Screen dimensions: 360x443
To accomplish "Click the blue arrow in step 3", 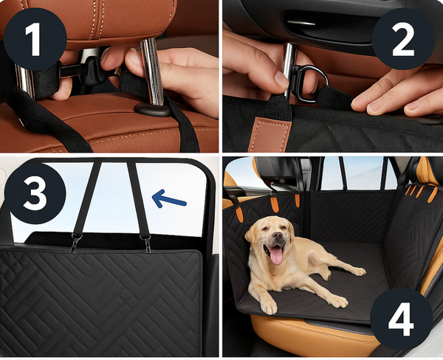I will pyautogui.click(x=168, y=198).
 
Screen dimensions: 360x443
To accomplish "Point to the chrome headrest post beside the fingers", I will pyautogui.click(x=154, y=70).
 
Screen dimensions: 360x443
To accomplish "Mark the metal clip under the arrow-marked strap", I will pyautogui.click(x=145, y=243).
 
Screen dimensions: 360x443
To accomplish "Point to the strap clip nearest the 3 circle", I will pyautogui.click(x=75, y=243).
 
